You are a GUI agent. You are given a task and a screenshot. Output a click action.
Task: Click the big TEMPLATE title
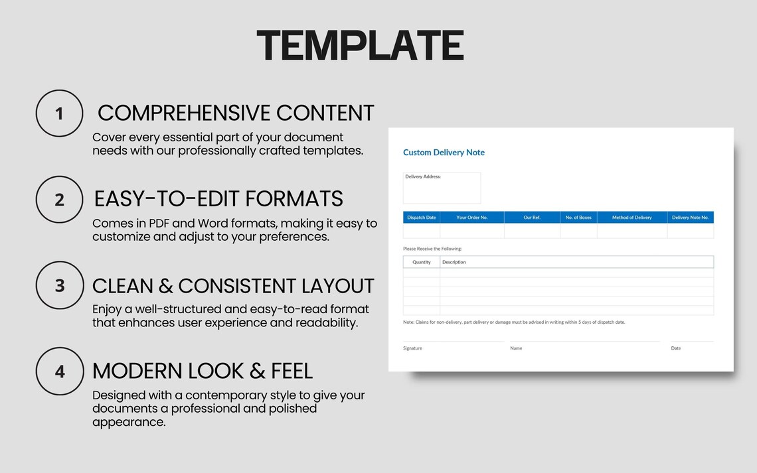click(x=360, y=45)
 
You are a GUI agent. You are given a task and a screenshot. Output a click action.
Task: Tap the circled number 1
click(x=59, y=113)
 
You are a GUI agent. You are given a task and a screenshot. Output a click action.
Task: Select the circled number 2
click(x=59, y=199)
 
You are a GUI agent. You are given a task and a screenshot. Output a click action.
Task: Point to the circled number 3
click(x=59, y=285)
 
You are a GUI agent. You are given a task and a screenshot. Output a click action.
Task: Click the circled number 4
click(x=59, y=372)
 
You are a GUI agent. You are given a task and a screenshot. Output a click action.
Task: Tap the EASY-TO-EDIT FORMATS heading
click(x=218, y=198)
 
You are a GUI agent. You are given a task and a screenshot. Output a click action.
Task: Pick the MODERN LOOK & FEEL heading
click(x=203, y=370)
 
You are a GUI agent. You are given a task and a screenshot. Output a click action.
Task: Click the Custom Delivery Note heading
click(x=444, y=153)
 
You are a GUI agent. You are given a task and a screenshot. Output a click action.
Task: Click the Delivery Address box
click(x=442, y=188)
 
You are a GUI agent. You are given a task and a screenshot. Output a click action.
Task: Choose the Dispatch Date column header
click(x=421, y=218)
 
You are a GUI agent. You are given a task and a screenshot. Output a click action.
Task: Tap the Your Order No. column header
click(x=471, y=218)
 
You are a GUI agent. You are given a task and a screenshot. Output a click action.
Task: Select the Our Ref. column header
click(x=532, y=218)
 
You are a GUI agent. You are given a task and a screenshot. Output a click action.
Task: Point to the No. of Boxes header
click(x=578, y=218)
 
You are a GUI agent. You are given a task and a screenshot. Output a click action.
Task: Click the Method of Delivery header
click(x=631, y=218)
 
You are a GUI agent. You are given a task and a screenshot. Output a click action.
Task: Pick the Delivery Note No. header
click(x=690, y=218)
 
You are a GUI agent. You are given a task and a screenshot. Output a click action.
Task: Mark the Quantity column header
click(x=421, y=262)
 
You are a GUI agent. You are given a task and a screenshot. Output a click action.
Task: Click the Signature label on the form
click(x=412, y=348)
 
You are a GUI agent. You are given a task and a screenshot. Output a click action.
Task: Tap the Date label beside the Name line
click(x=675, y=348)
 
